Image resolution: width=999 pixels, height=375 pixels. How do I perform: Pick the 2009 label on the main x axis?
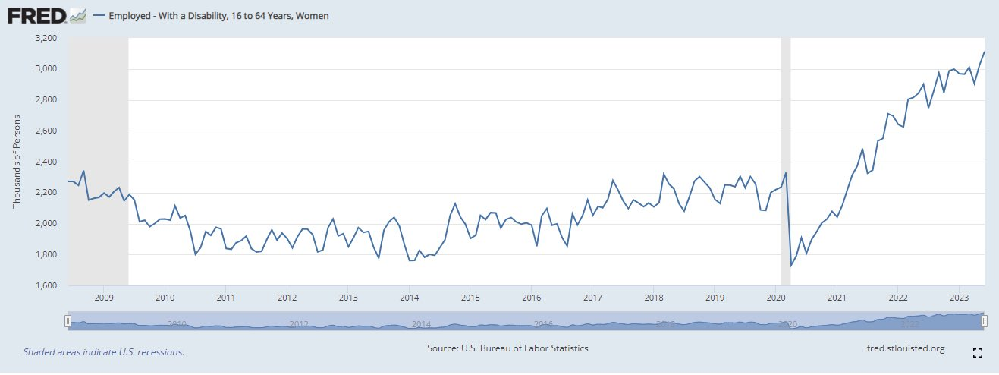pos(104,297)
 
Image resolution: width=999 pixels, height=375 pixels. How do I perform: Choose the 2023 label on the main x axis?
pos(958,297)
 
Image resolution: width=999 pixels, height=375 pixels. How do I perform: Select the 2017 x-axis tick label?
pos(592,297)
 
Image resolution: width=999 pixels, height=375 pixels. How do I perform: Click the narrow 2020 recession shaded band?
pos(786,152)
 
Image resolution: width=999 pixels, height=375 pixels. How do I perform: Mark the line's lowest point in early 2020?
pos(791,265)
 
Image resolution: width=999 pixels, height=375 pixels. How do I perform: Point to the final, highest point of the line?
pos(984,52)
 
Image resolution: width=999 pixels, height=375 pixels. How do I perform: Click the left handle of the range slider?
pos(68,321)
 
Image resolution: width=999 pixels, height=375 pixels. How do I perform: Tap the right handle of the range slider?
pos(984,321)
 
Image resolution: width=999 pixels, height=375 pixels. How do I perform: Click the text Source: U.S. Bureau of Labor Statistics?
pos(508,348)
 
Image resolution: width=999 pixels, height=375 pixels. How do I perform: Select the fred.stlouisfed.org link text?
pos(905,348)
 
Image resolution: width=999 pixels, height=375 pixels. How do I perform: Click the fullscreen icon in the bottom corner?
pos(977,353)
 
